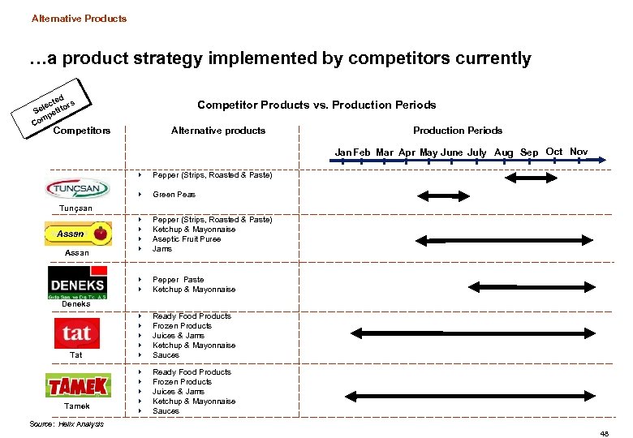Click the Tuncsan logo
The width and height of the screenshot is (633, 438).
[x=77, y=188]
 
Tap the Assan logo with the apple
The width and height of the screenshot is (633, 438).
[x=77, y=234]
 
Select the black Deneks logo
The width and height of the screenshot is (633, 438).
[x=77, y=284]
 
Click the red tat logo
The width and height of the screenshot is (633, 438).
[x=76, y=333]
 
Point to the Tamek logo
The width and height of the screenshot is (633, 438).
[x=78, y=385]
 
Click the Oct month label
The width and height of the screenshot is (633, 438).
[x=554, y=152]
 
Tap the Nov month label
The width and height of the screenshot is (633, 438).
[x=579, y=152]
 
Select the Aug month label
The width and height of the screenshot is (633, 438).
[x=503, y=152]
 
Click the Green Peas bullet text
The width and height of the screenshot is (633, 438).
[x=174, y=195]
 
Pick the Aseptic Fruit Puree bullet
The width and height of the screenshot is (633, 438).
[x=187, y=239]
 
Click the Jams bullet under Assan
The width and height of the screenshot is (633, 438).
[x=162, y=249]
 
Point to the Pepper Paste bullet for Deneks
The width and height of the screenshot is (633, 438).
[x=179, y=280]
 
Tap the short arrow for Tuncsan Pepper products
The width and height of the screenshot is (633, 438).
[x=523, y=175]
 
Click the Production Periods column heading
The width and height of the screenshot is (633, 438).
[x=458, y=131]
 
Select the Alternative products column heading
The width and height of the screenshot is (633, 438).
[x=218, y=131]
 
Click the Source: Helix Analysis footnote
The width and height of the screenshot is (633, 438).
[x=67, y=424]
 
